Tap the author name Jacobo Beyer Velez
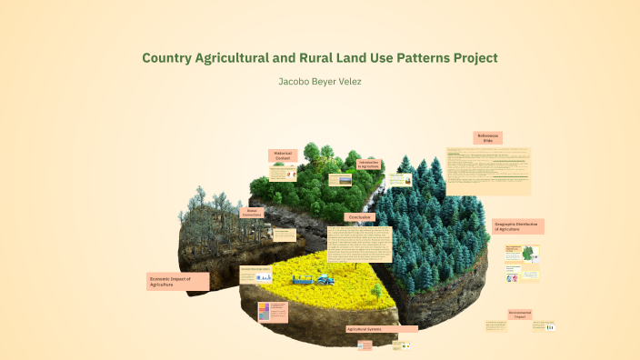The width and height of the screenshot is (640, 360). [x=320, y=82]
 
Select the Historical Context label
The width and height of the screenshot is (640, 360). [x=283, y=155]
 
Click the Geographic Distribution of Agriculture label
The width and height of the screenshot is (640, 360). [x=518, y=226]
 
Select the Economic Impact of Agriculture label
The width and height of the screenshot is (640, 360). [x=177, y=282]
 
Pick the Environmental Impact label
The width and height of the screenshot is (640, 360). [x=520, y=314]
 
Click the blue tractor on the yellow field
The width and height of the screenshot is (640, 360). [x=324, y=278]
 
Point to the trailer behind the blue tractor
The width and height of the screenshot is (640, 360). [x=300, y=281]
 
